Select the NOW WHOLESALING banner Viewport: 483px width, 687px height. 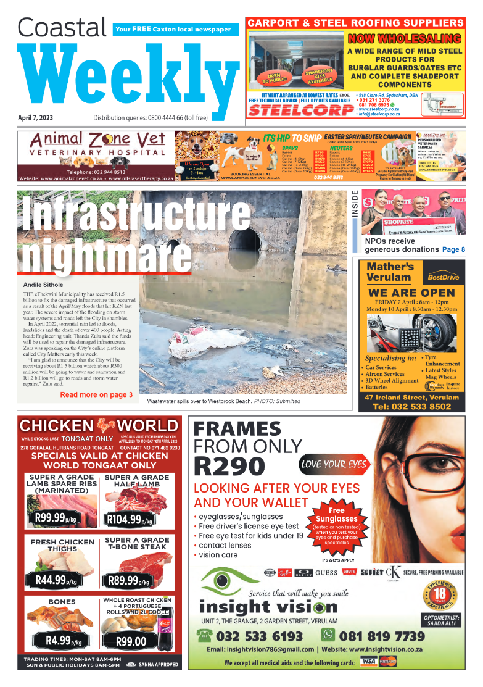tap(405, 39)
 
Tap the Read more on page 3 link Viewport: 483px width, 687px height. tap(96, 394)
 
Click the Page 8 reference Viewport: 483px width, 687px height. tap(453, 249)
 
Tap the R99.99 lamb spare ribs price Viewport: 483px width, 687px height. tap(58, 518)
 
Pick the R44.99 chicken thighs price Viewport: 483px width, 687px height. tap(52, 580)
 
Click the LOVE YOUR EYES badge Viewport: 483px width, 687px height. tap(333, 464)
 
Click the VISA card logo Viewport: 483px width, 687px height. tap(369, 662)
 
